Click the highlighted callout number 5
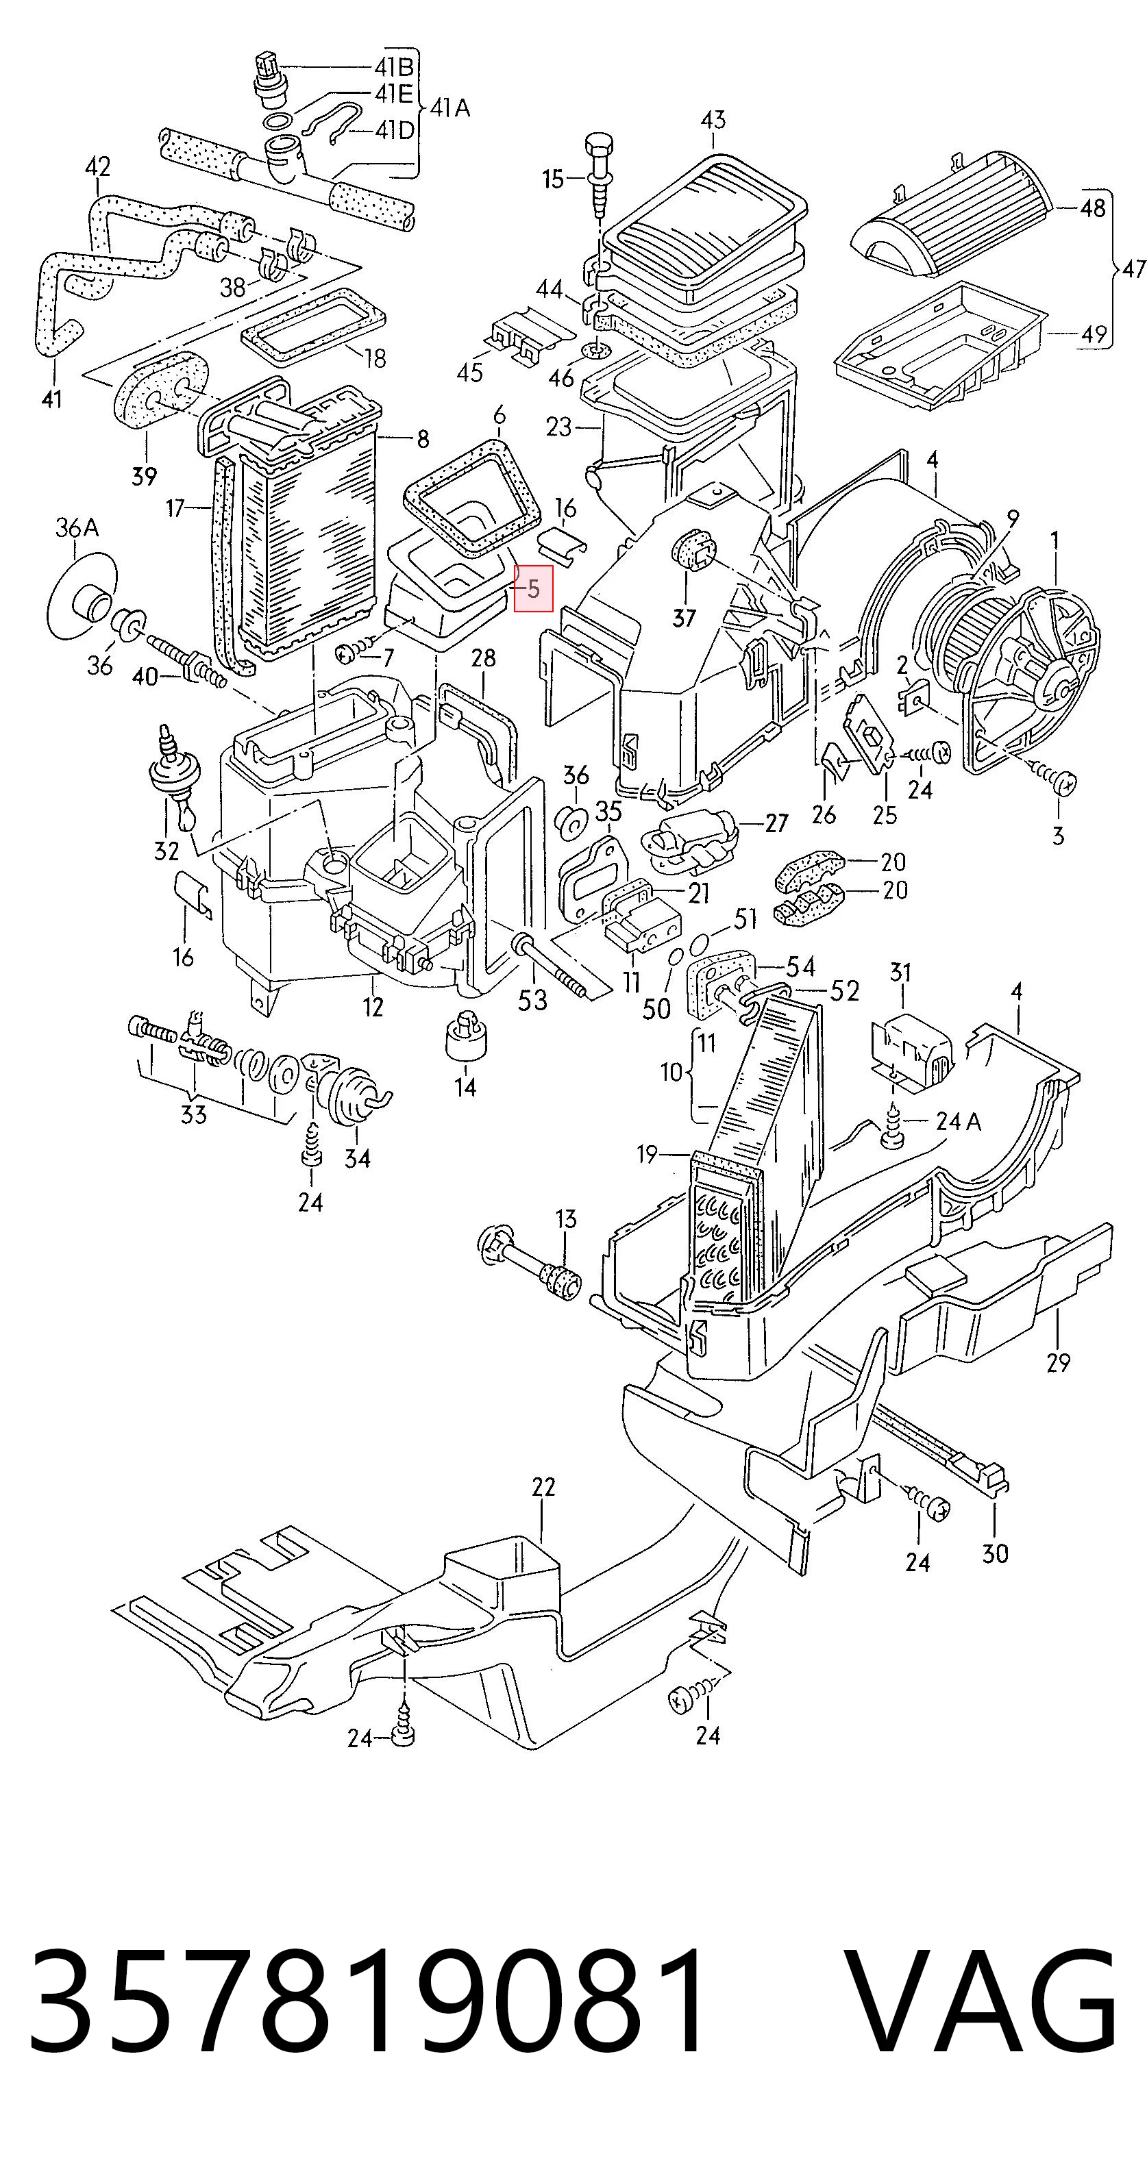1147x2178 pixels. (533, 588)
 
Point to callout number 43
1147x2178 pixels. (713, 120)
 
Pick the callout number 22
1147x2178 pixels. (543, 1486)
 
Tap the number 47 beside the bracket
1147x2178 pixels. (1133, 269)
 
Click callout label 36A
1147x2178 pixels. (77, 529)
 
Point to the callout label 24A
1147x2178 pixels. (959, 1121)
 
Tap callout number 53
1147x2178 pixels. (532, 1000)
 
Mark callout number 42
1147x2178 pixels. (98, 166)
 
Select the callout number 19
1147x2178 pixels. (647, 1153)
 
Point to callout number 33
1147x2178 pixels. (194, 1114)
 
